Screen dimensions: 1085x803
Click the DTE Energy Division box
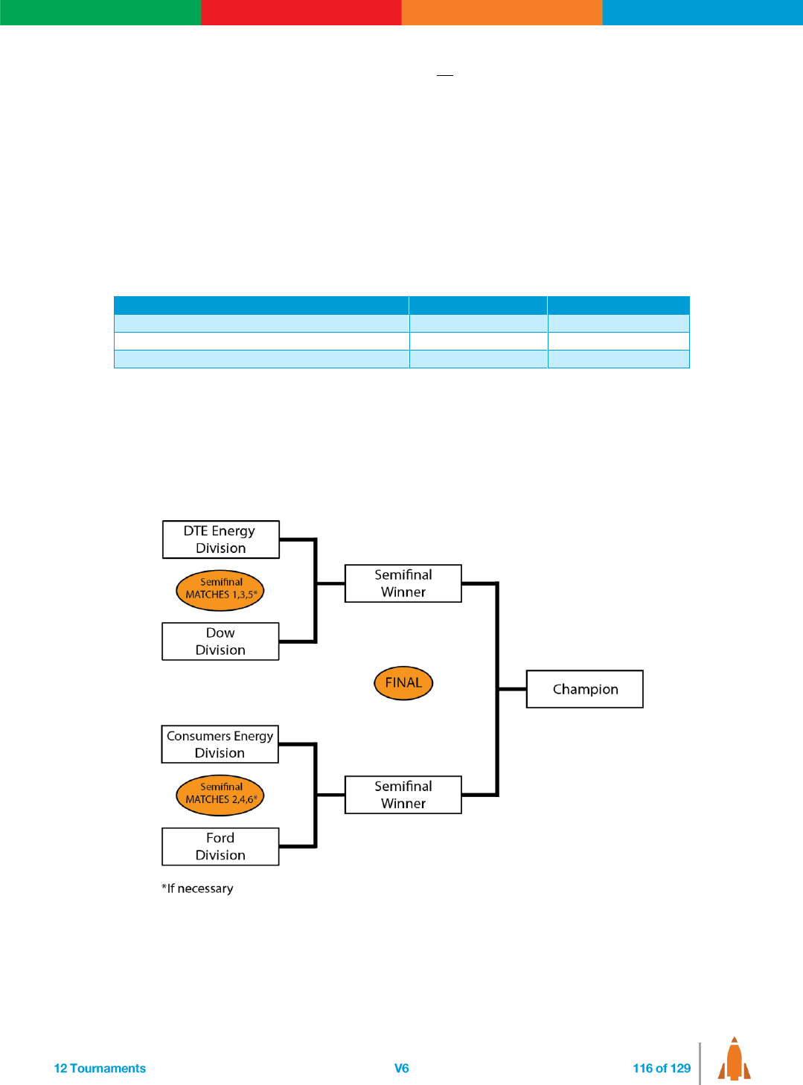pos(220,540)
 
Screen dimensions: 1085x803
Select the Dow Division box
pos(220,641)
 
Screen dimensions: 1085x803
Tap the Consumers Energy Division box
pos(220,744)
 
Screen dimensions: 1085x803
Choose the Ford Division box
pos(220,847)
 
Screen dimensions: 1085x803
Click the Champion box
pos(585,689)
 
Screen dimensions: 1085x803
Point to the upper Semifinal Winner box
pos(403,583)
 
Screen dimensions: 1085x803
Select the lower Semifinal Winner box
pos(403,795)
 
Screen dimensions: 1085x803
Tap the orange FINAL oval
pos(403,683)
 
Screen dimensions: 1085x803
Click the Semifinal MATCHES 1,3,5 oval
pos(220,590)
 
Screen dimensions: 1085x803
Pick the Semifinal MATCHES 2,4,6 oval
pos(220,795)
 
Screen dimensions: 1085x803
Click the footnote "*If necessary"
pos(197,889)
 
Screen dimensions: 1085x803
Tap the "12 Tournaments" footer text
pos(100,1069)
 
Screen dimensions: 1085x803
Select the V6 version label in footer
pos(402,1069)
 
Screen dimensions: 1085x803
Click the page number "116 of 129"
pos(662,1069)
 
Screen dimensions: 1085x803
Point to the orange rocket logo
pos(734,1060)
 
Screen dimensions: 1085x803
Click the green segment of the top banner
pos(100,13)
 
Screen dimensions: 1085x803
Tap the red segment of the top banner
pos(301,13)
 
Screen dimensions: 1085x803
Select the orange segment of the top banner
pos(502,13)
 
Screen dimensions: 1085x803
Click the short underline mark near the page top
pos(445,75)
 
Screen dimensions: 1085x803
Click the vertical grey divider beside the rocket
pos(700,1063)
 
